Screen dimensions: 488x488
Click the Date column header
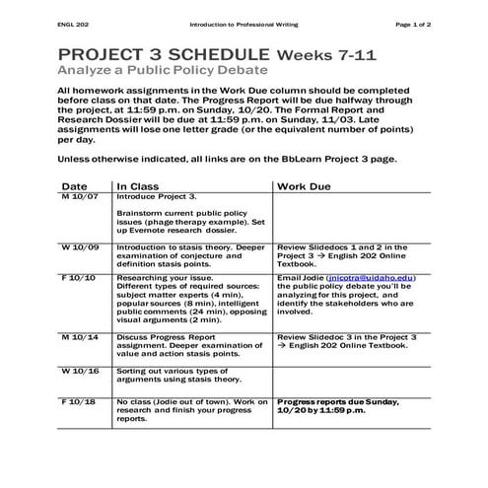[74, 185]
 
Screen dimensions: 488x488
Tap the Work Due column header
[304, 185]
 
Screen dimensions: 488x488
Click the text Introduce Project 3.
[156, 196]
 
